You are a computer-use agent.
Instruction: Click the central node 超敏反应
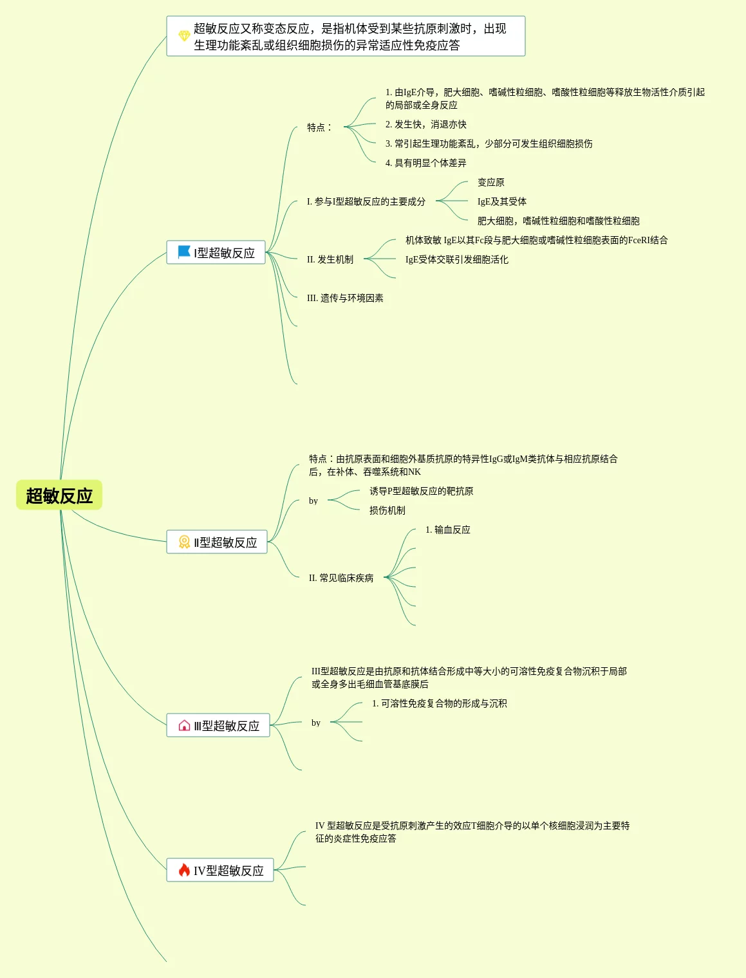click(x=59, y=495)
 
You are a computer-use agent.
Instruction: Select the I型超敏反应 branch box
click(x=216, y=253)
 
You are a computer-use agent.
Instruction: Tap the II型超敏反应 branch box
click(x=217, y=542)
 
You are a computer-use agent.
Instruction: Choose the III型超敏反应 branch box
click(x=218, y=726)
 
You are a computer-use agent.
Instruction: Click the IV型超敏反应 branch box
click(x=220, y=871)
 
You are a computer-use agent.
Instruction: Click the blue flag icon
click(x=184, y=252)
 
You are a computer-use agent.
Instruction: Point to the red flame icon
click(x=184, y=870)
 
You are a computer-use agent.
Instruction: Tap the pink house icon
click(x=184, y=726)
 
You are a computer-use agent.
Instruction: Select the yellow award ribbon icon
click(x=184, y=542)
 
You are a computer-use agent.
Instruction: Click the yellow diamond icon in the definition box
click(x=184, y=36)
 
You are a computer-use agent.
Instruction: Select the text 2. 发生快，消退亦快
click(x=425, y=124)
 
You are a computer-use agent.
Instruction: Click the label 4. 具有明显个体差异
click(x=425, y=163)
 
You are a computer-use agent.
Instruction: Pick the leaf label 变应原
click(x=490, y=182)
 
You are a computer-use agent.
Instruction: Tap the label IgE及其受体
click(x=501, y=201)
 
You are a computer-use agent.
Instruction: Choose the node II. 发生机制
click(x=330, y=259)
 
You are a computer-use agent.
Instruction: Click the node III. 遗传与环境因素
click(x=345, y=298)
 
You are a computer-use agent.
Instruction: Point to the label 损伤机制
click(x=387, y=510)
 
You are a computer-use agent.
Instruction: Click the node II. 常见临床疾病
click(x=341, y=578)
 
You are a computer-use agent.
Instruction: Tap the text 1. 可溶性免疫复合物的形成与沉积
click(x=439, y=703)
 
